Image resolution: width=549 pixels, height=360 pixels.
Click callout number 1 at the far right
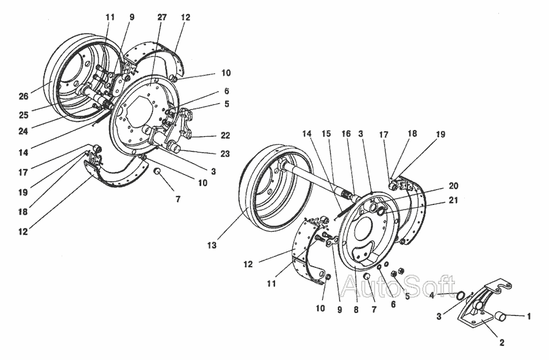(529, 316)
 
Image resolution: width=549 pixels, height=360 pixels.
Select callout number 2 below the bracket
(501, 343)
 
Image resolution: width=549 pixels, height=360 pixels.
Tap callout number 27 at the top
(162, 17)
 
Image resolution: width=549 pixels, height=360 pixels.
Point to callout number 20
(453, 185)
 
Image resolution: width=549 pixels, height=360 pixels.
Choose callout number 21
(453, 200)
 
